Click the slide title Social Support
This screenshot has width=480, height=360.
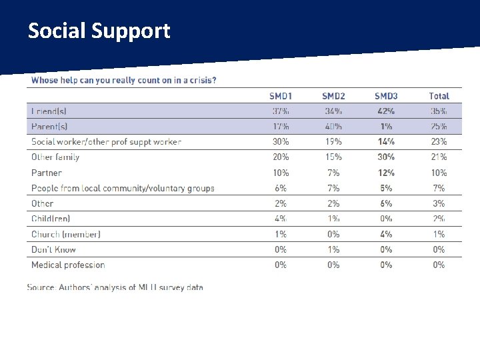click(x=99, y=31)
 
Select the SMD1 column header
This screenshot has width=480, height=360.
click(x=281, y=96)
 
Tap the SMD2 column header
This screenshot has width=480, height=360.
click(x=333, y=96)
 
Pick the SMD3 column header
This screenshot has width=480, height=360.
click(x=386, y=96)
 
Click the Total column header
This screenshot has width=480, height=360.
click(x=439, y=96)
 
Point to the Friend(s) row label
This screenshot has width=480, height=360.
click(x=49, y=111)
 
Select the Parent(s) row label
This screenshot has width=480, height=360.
click(x=49, y=126)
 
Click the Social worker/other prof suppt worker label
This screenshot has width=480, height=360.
click(x=106, y=141)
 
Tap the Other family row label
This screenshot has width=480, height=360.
click(x=55, y=157)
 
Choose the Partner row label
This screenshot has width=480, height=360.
click(x=46, y=173)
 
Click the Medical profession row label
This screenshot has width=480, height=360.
click(x=68, y=265)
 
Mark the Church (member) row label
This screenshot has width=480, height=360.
click(x=66, y=234)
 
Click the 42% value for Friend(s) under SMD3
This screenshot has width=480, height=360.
click(x=386, y=111)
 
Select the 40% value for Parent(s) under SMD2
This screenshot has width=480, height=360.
click(x=333, y=126)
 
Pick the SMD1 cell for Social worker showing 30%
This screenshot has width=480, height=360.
click(x=281, y=141)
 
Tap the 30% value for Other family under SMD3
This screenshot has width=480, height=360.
click(x=386, y=157)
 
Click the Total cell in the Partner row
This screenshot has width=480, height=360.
click(x=439, y=173)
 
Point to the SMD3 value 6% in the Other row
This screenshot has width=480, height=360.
click(x=386, y=203)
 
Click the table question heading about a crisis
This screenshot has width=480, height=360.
click(x=123, y=81)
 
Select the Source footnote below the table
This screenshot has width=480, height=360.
click(x=115, y=287)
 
